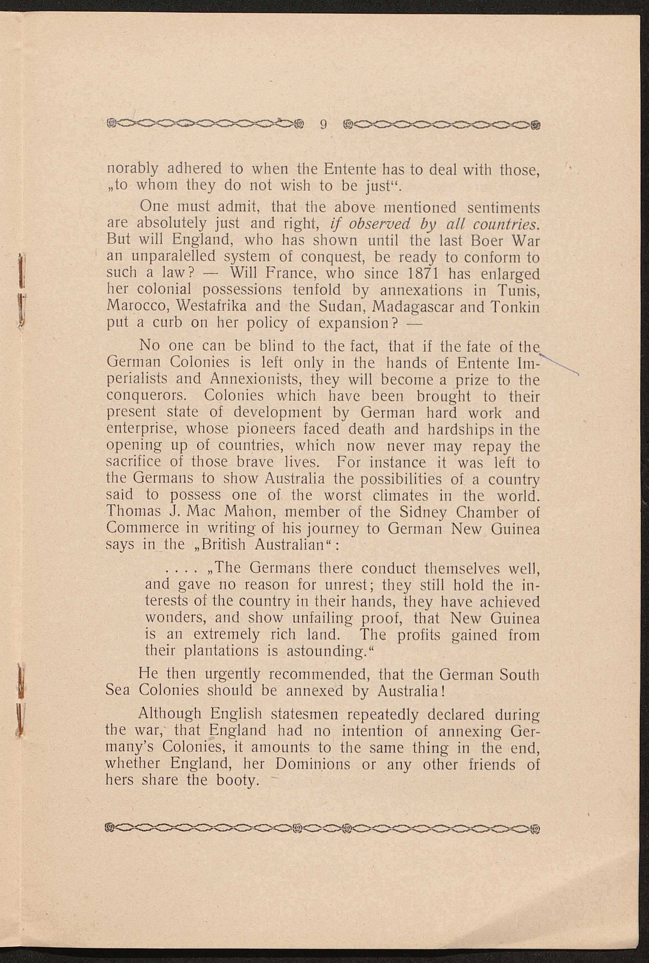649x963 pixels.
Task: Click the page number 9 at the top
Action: pyautogui.click(x=324, y=124)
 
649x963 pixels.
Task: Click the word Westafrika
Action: pyautogui.click(x=211, y=307)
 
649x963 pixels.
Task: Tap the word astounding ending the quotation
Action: pyautogui.click(x=327, y=651)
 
